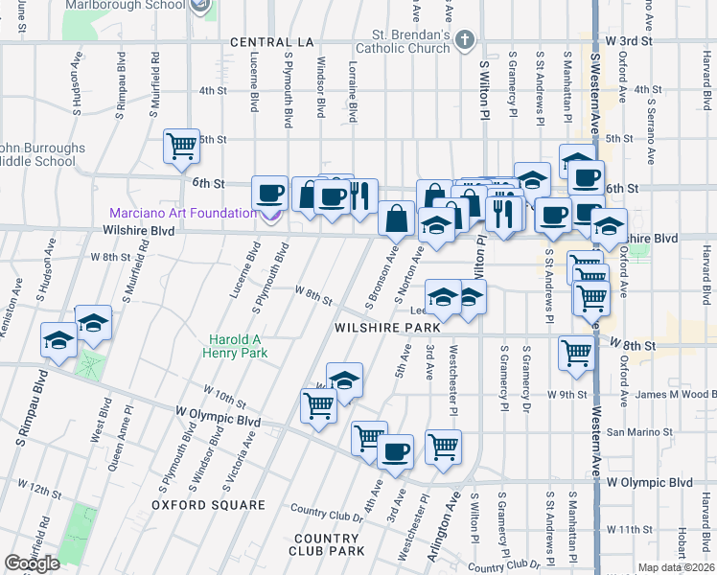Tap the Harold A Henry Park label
(x=240, y=346)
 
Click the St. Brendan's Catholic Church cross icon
(x=465, y=40)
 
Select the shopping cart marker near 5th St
(x=181, y=146)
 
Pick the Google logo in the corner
(x=32, y=563)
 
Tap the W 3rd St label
(x=628, y=42)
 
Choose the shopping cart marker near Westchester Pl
(x=443, y=447)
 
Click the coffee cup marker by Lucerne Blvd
(x=270, y=194)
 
